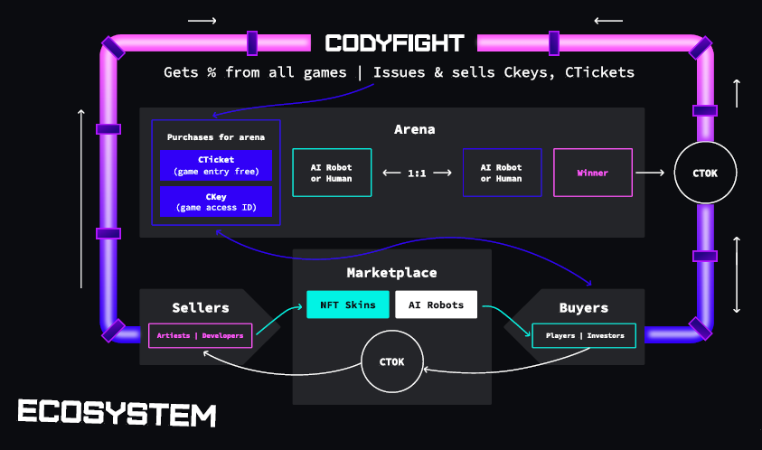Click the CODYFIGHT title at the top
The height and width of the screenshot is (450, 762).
point(394,42)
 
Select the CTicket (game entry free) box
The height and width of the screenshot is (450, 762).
point(216,165)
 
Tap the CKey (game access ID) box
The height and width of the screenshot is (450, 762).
point(216,202)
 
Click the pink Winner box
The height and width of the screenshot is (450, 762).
point(592,173)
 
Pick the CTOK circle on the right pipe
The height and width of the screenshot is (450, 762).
point(705,173)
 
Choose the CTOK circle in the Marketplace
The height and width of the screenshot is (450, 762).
point(392,362)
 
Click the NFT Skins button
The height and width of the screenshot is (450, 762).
point(348,305)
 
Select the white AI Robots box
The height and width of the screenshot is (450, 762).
point(436,305)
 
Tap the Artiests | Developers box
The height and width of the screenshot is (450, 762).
point(201,335)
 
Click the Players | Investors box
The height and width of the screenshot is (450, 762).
point(584,335)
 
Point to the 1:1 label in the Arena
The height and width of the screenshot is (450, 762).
point(417,173)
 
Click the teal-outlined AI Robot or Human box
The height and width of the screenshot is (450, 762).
point(332,173)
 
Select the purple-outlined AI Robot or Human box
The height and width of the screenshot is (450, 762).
point(501,173)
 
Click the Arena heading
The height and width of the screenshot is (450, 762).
point(414,129)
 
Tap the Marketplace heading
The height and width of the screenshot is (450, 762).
point(391,272)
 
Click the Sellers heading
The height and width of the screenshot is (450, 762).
point(201,308)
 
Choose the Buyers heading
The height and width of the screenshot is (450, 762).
point(583,308)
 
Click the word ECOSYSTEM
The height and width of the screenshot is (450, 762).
point(118,414)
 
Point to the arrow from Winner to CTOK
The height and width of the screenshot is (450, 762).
point(652,173)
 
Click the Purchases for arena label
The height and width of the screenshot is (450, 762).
point(216,136)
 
